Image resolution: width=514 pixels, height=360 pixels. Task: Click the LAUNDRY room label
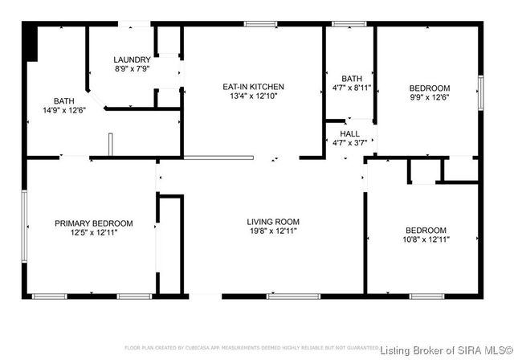point(132,59)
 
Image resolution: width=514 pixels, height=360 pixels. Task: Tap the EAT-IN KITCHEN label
point(254,87)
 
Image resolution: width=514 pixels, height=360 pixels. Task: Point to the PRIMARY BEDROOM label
point(94,223)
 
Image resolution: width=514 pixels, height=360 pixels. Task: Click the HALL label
point(350,133)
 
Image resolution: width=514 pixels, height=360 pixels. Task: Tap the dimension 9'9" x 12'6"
point(430,97)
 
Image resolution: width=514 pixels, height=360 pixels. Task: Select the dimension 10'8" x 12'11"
point(425,239)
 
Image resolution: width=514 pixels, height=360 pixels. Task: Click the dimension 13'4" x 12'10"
point(254,96)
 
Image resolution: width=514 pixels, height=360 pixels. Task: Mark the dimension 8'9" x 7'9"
point(132,69)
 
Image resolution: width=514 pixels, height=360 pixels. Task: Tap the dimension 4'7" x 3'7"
point(350,143)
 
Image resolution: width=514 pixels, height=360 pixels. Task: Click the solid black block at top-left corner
point(31,41)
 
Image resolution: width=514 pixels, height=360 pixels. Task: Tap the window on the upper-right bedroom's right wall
point(480,87)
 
